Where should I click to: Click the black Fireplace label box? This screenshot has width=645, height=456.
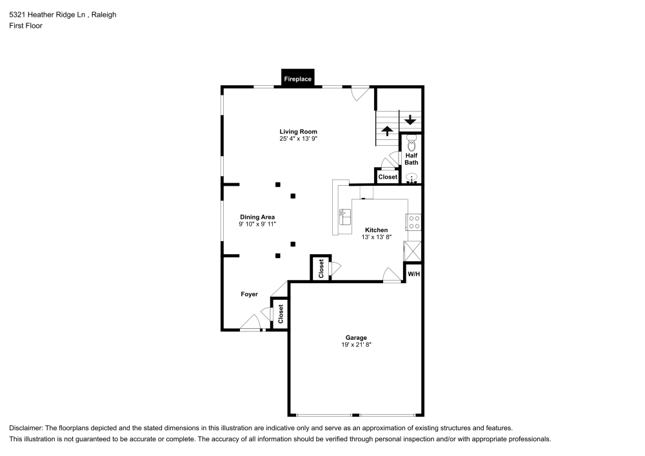(x=298, y=79)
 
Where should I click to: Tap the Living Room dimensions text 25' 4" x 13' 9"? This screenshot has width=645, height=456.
(x=298, y=139)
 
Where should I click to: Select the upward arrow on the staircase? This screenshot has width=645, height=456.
(x=387, y=131)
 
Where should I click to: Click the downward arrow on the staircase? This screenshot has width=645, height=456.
(x=410, y=119)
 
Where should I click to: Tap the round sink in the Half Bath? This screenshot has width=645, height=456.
(x=412, y=177)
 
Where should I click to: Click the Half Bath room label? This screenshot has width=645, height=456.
(x=412, y=159)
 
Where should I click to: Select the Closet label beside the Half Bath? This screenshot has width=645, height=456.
(x=388, y=177)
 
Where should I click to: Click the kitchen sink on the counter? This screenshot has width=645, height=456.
(x=344, y=217)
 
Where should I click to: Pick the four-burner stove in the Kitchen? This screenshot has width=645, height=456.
(x=413, y=223)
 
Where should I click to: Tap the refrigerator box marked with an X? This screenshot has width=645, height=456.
(x=413, y=250)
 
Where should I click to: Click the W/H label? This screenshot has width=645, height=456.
(x=413, y=273)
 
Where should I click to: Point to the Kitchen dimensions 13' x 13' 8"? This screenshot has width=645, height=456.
(x=376, y=237)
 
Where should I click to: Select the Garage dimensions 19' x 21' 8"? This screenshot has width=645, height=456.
(x=356, y=345)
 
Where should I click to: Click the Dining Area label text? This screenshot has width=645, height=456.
(x=257, y=217)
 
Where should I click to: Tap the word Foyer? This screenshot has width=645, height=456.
(x=249, y=294)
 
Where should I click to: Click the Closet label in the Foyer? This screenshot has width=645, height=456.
(x=281, y=315)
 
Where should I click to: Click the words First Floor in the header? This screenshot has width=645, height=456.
(x=26, y=26)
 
